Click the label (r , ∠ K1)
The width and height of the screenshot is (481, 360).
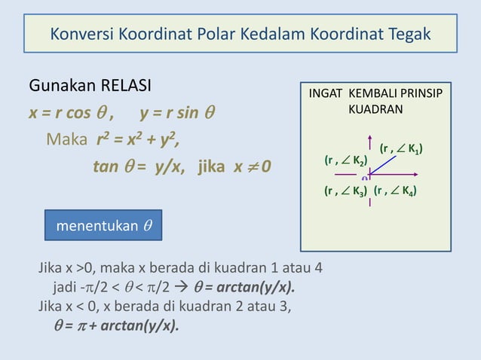[400, 148]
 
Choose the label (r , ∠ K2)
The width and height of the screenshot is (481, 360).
[345, 161]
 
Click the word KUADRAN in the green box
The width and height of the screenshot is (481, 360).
[375, 109]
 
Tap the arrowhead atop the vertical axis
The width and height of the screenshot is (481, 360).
[370, 139]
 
